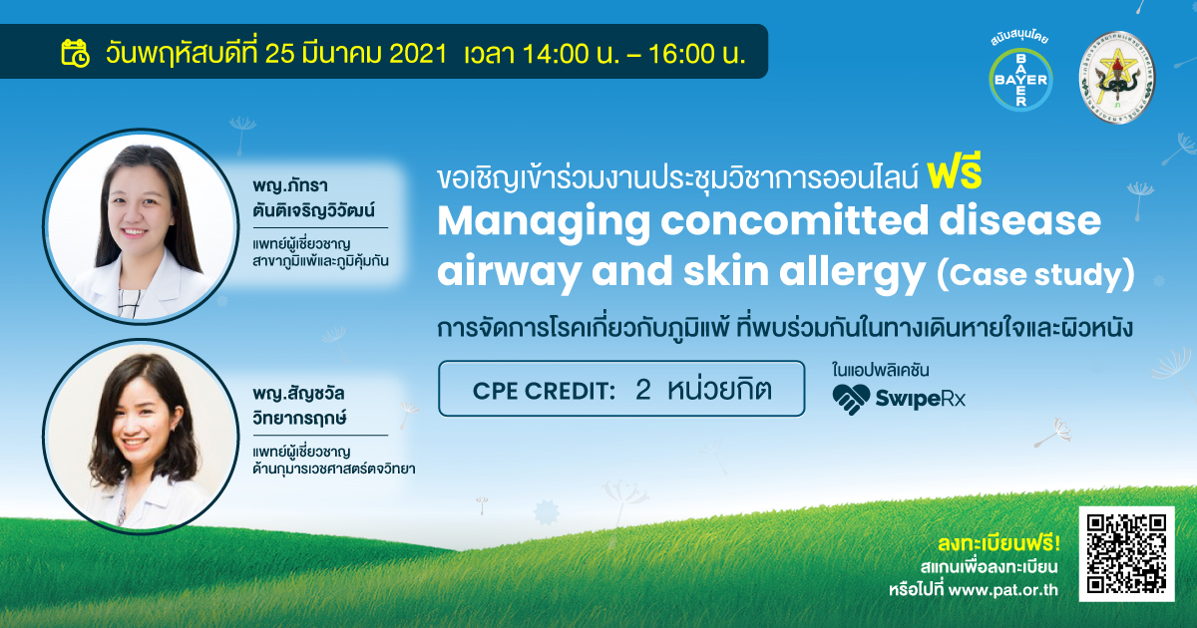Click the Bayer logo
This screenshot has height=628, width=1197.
(1020, 80)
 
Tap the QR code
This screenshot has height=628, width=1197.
(1126, 554)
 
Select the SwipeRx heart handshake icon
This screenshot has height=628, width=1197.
(851, 399)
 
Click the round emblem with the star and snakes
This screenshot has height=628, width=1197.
(1116, 78)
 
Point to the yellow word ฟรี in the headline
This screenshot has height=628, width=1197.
(955, 175)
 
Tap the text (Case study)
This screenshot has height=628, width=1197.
(1035, 275)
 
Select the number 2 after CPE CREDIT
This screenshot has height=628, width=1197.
(642, 390)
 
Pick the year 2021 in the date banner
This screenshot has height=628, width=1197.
(418, 54)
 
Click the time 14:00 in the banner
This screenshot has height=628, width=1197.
(556, 54)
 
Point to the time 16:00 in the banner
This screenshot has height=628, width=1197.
(681, 54)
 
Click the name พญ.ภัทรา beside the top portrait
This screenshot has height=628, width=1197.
(290, 185)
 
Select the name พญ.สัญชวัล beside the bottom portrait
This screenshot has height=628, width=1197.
(298, 394)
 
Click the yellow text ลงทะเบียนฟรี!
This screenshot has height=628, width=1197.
(998, 543)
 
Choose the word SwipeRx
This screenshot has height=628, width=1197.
(920, 399)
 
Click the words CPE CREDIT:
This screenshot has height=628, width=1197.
(544, 391)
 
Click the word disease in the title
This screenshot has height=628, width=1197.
(1019, 220)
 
